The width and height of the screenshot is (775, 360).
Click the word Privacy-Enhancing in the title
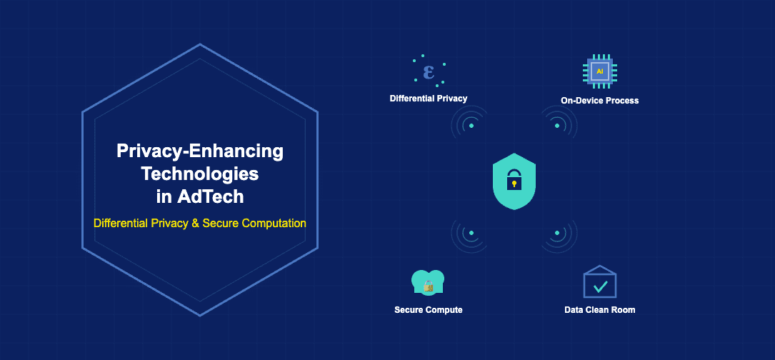[x=199, y=151]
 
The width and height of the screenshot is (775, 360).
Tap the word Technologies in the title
[x=199, y=173]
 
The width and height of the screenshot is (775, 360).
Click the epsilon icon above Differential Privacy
[x=429, y=72]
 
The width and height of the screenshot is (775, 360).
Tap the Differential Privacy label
[x=429, y=98]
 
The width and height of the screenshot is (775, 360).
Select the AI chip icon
[x=599, y=72]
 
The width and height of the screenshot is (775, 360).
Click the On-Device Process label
[x=599, y=101]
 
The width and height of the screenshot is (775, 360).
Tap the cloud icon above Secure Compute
[x=428, y=283]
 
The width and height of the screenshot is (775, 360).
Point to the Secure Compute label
[x=428, y=310]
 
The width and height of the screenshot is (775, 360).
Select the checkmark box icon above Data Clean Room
[x=599, y=283]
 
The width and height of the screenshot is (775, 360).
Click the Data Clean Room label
[x=599, y=310]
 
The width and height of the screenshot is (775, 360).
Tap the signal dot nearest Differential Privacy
[x=471, y=126]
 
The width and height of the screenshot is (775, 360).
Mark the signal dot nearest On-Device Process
[x=557, y=126]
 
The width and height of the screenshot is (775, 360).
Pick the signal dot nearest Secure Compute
[x=471, y=233]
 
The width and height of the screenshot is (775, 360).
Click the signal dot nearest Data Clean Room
[x=557, y=233]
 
